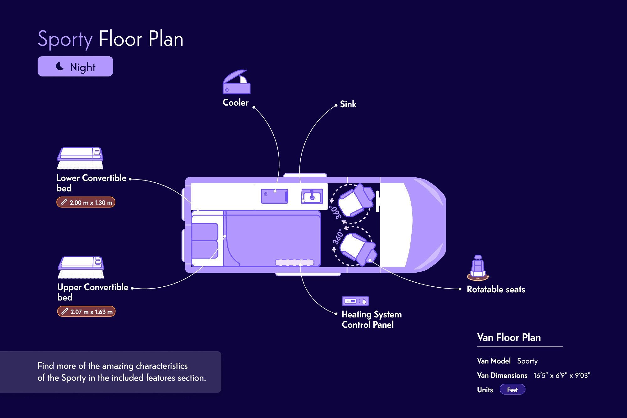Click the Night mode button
pos(75,66)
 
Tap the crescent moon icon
pos(60,66)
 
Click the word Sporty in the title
pos(65,39)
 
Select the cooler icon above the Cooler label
pos(236,82)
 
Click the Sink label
pos(348,104)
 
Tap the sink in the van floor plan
pos(312,196)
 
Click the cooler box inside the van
pos(274,196)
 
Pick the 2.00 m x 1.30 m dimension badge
pos(86,202)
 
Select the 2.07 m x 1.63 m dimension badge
pos(87,312)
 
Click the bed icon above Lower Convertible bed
pos(80,158)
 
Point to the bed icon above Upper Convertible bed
pos(81,267)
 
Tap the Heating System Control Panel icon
pos(355,301)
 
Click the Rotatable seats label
pos(496,290)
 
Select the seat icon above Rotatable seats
pos(478,268)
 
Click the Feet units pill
pos(512,390)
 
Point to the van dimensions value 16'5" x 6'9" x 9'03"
pos(562,375)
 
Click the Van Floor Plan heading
pos(509,337)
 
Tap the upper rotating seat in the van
pos(356,201)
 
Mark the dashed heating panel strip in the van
pos(294,263)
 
